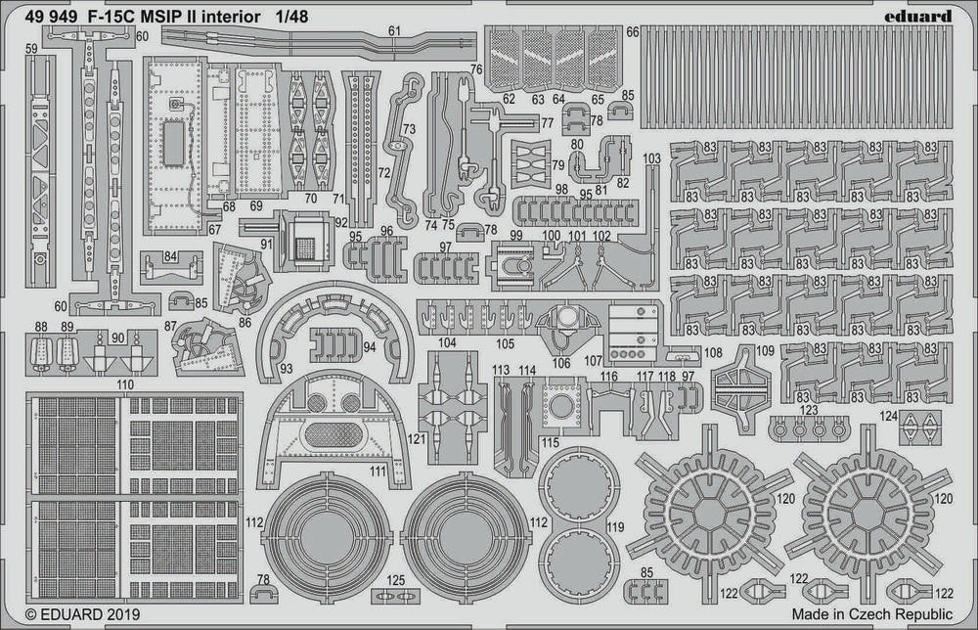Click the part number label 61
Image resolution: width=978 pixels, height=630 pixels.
pyautogui.click(x=394, y=31)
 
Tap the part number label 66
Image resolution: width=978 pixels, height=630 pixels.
pyautogui.click(x=633, y=32)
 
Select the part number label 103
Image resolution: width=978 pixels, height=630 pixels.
pyautogui.click(x=652, y=158)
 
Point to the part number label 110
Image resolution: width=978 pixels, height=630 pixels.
pyautogui.click(x=124, y=386)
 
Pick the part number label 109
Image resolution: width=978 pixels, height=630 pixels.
pyautogui.click(x=765, y=350)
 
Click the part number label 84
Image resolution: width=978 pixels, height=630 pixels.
pyautogui.click(x=171, y=257)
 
